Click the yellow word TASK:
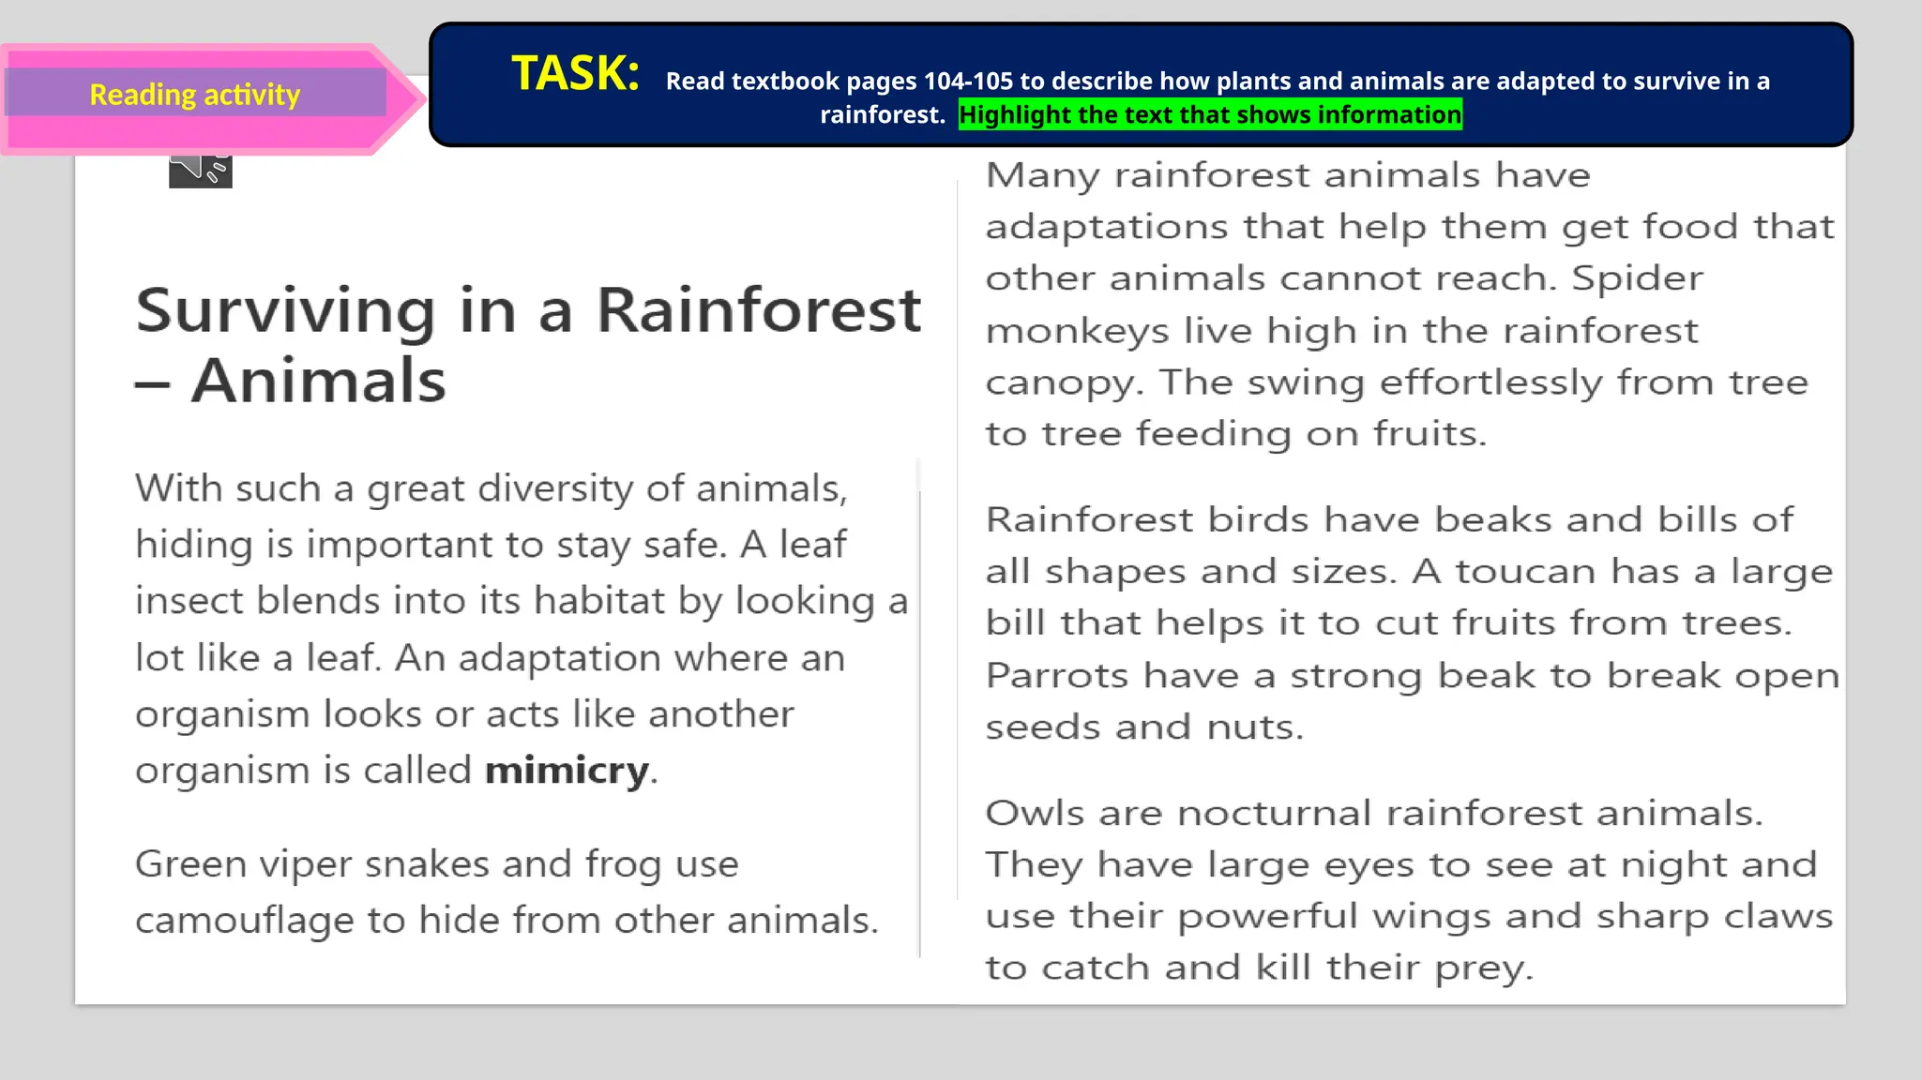point(575,73)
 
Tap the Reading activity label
point(194,95)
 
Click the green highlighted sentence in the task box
point(1210,114)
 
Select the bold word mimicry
point(567,771)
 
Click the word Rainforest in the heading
point(759,310)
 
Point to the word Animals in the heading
point(318,381)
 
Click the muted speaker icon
point(200,170)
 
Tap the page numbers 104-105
point(968,82)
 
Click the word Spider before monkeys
point(1637,278)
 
